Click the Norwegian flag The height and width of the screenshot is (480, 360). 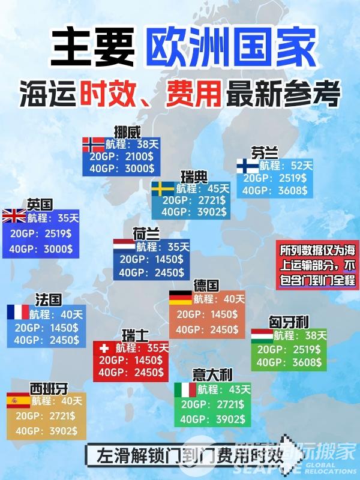click(94, 145)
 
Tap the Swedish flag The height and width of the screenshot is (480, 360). click(163, 188)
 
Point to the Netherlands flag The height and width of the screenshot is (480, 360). click(124, 246)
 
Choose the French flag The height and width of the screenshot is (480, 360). click(18, 312)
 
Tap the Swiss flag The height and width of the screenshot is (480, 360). click(104, 347)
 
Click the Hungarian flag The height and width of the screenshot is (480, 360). click(262, 335)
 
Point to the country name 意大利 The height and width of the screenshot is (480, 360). click(212, 375)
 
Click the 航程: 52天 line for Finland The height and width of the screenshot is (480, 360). click(286, 165)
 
